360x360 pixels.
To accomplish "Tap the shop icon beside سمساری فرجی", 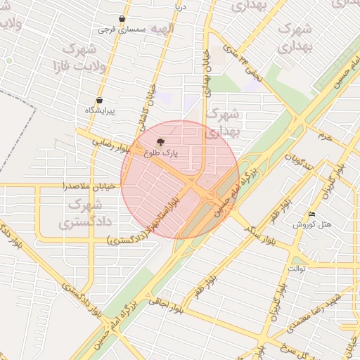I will [123, 19].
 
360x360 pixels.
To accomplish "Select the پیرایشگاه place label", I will [99, 111].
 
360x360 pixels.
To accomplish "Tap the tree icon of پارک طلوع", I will [161, 141].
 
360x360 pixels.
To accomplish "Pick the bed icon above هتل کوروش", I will [312, 214].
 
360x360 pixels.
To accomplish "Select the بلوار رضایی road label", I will [111, 143].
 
